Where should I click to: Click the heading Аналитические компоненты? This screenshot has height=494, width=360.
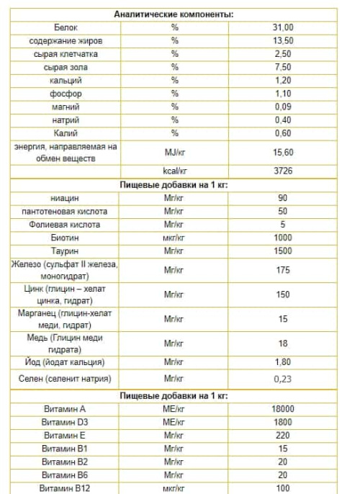(174, 14)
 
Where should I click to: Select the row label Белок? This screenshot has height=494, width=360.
(66, 27)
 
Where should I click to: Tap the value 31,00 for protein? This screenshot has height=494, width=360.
(283, 27)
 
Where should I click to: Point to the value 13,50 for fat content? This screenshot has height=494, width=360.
(283, 41)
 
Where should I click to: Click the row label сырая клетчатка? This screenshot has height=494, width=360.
(66, 54)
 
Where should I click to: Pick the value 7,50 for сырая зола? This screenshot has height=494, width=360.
(283, 67)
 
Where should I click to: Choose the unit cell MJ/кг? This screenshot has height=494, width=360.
(174, 153)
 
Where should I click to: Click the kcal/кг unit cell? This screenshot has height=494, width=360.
(174, 171)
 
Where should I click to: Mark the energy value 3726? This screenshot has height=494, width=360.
(283, 171)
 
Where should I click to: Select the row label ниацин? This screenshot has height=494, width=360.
(66, 198)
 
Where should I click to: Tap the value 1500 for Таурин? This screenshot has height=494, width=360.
(283, 251)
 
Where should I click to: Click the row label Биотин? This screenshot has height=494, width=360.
(66, 238)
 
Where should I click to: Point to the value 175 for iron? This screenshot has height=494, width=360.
(283, 270)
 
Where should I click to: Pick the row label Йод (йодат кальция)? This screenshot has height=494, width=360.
(66, 361)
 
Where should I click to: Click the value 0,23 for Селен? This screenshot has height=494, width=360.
(283, 379)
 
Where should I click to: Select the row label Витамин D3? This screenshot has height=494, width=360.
(66, 422)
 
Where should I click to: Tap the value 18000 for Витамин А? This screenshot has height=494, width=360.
(283, 409)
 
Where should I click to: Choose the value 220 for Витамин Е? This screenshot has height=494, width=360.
(283, 435)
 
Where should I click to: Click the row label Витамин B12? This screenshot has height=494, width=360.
(66, 488)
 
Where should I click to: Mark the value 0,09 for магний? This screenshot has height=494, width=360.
(283, 107)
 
